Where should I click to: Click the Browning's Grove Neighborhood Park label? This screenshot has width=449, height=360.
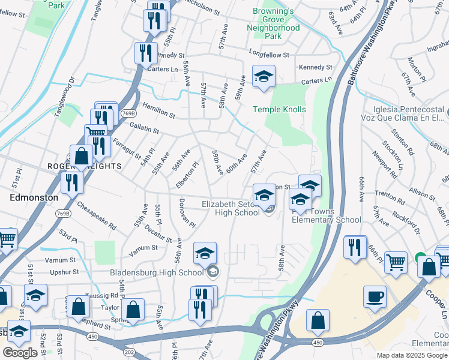273,23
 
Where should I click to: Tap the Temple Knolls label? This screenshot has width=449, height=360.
279,109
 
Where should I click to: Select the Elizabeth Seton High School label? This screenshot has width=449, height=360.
231,208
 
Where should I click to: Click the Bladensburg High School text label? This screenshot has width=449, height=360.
157,272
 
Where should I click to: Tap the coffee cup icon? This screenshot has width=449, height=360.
375,296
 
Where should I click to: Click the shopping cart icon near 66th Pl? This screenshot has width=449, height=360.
396,262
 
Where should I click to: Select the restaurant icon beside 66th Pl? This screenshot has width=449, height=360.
355,247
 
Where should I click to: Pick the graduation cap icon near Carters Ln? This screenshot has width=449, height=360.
263,76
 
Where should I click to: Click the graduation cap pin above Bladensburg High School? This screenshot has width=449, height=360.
205,253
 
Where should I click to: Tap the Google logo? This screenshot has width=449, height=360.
20,353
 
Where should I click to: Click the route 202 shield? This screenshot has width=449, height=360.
130,349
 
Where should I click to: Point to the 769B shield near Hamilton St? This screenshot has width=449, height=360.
127,112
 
